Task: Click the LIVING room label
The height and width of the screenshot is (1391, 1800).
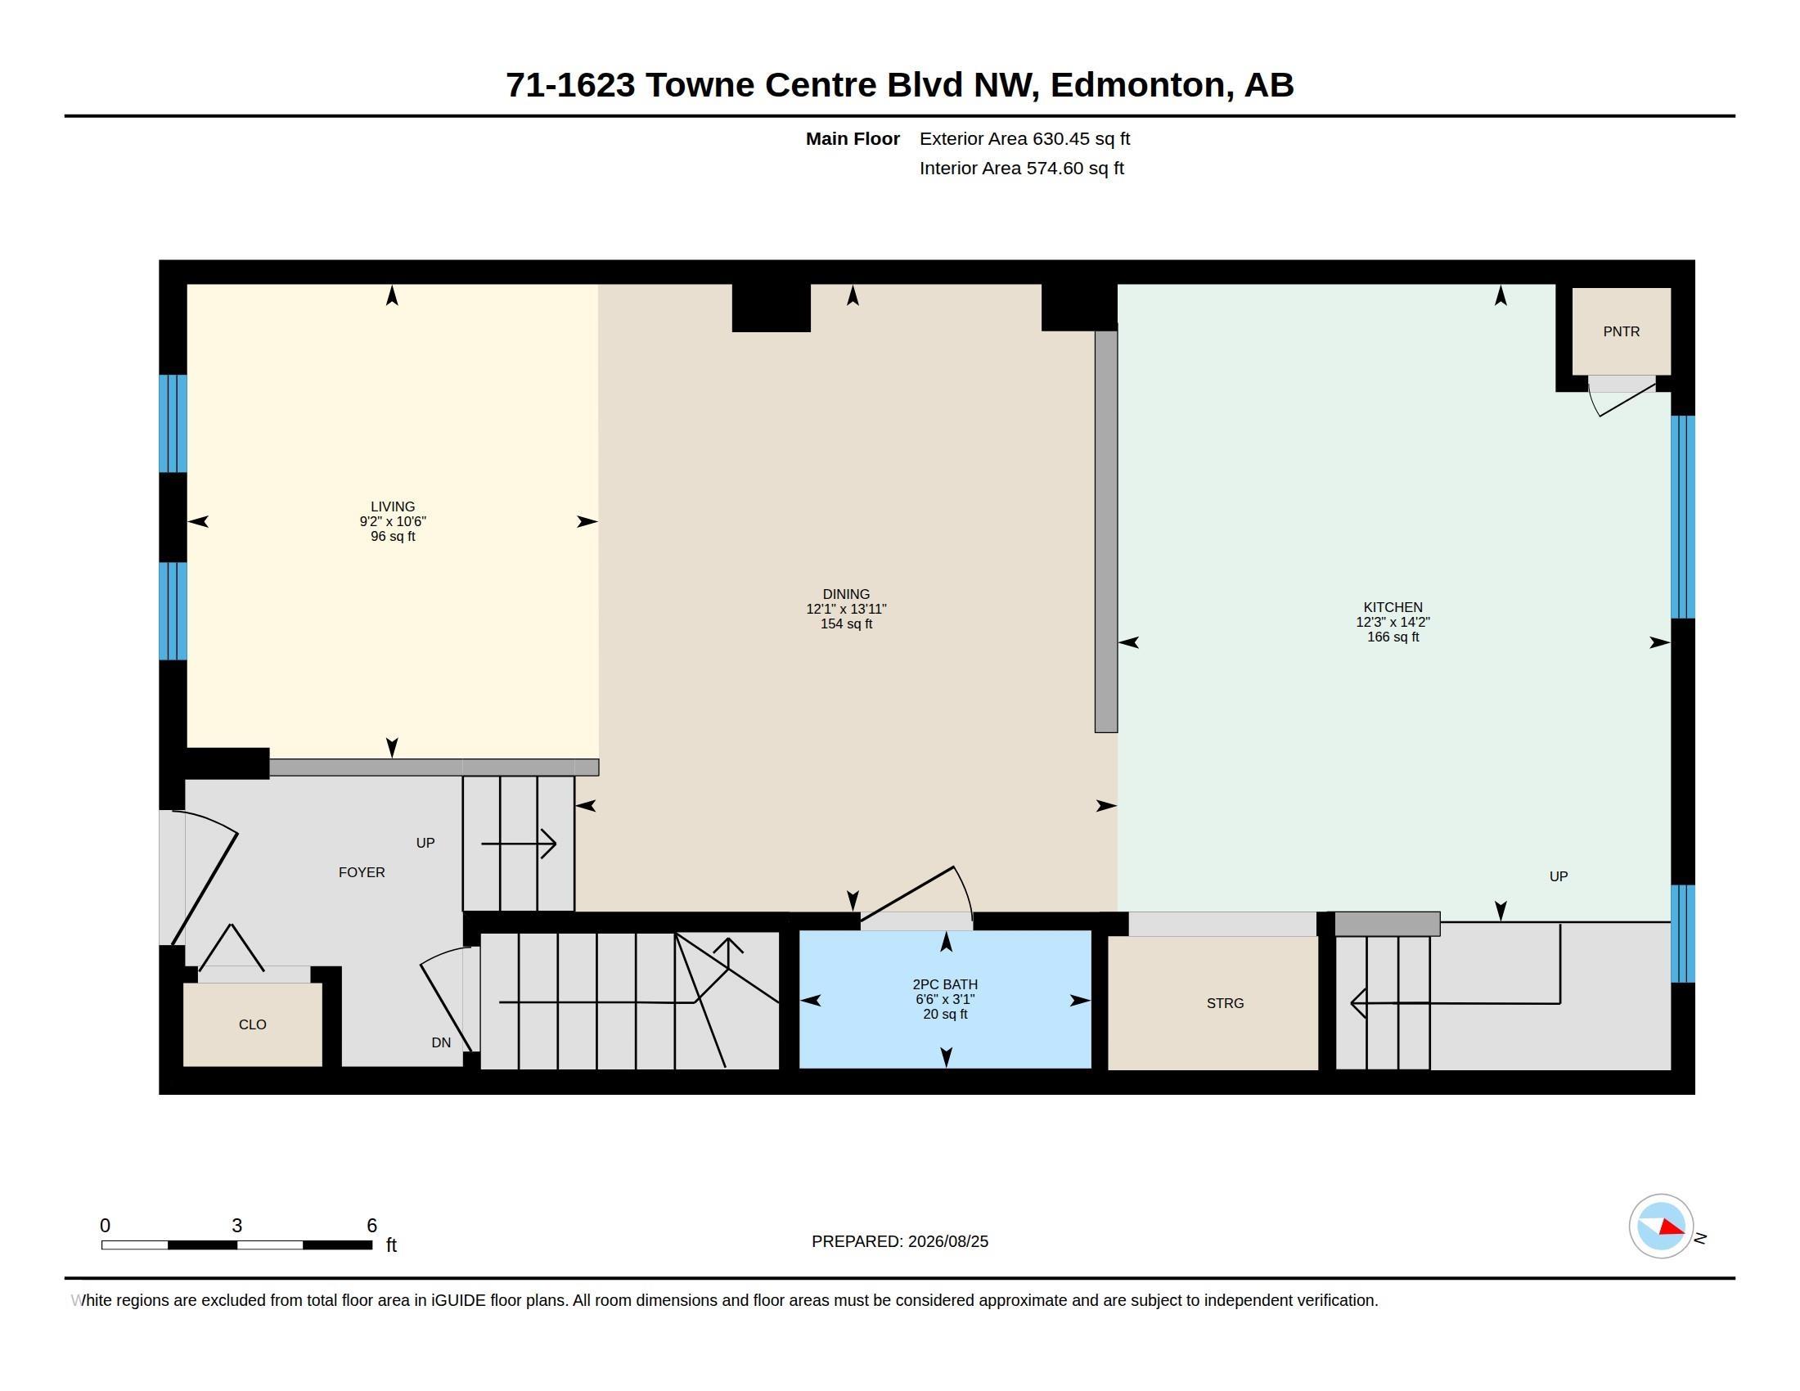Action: click(392, 506)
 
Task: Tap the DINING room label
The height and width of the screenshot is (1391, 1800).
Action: click(846, 594)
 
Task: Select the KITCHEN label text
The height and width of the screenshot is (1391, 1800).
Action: click(1393, 607)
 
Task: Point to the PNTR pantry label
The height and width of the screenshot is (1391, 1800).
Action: click(1621, 331)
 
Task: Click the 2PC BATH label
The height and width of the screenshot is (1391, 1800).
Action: click(945, 984)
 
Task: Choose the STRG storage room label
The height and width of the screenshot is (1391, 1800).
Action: click(1225, 1003)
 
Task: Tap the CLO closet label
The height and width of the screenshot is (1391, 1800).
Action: click(252, 1024)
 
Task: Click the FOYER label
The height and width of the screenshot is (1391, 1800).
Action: click(362, 872)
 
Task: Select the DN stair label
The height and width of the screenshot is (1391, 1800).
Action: click(441, 1042)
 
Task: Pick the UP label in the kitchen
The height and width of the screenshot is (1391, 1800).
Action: click(1558, 876)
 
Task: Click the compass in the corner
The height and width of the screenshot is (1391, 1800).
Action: click(1662, 1227)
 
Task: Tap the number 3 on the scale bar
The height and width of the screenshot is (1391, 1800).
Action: click(236, 1226)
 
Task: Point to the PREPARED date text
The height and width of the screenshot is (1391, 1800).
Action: click(900, 1241)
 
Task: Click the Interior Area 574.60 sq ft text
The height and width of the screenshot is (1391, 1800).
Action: click(1021, 168)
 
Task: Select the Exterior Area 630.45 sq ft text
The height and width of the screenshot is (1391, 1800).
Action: click(1024, 138)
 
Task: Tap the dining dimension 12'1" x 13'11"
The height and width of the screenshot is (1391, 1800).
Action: click(846, 609)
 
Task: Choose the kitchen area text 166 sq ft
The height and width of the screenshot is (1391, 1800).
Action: click(1393, 637)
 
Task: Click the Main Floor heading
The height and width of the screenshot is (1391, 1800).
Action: click(853, 138)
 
